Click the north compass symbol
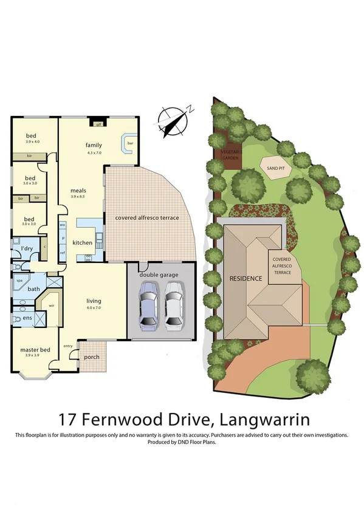click(174, 120)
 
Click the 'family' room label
click(94, 145)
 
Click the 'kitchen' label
click(83, 242)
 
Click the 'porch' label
click(92, 357)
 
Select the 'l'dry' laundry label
click(27, 249)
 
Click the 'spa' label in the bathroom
click(19, 281)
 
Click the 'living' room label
click(94, 301)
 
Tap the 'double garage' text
click(161, 275)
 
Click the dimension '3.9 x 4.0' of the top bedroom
click(32, 142)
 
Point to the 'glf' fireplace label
click(98, 124)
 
